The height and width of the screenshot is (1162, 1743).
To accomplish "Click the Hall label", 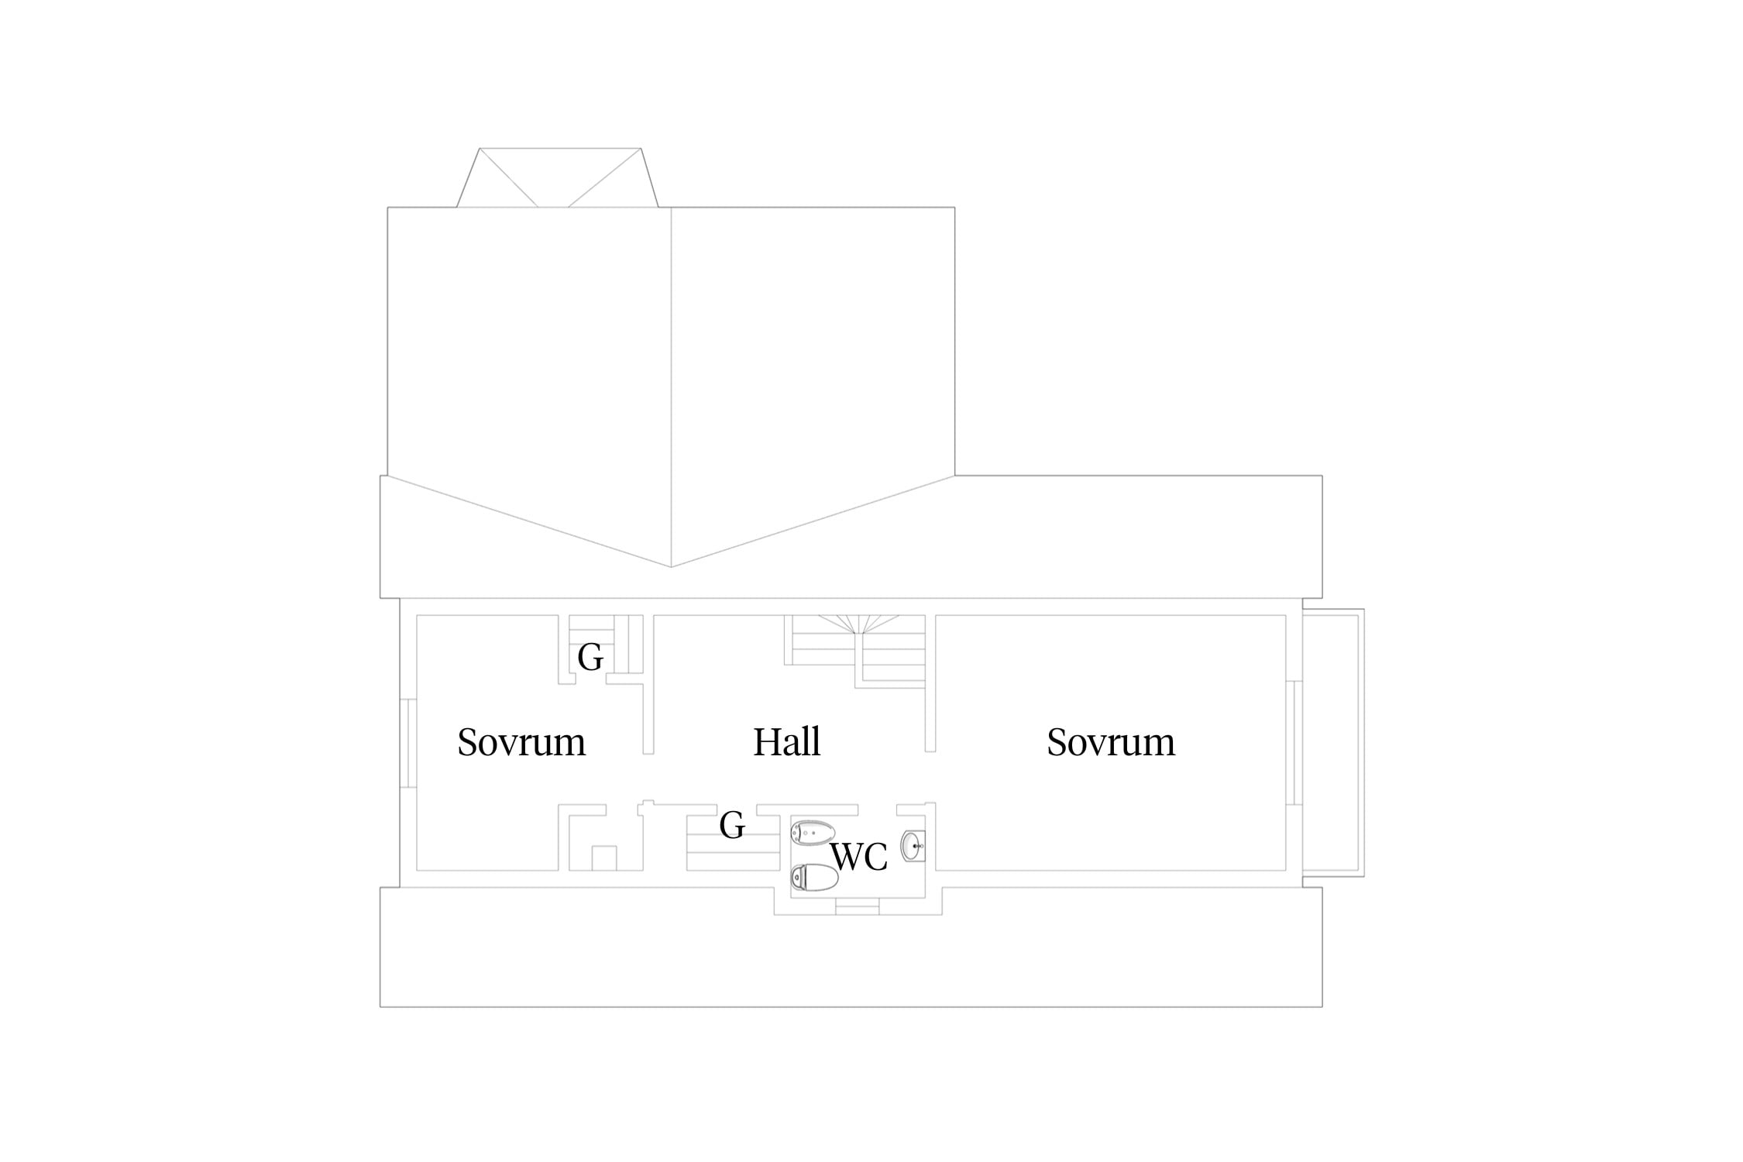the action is tap(786, 741).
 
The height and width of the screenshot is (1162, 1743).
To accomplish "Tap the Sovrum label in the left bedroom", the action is tap(521, 741).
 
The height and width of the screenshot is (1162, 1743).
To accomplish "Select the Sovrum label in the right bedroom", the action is tap(1111, 741).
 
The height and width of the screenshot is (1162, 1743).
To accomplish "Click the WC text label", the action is tap(858, 857).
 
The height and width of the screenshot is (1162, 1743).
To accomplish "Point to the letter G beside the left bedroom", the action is tap(590, 658).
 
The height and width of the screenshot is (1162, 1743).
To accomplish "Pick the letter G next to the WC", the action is tap(732, 825).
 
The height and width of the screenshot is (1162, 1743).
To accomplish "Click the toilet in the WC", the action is tap(814, 878).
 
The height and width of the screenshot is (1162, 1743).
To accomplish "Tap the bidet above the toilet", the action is tap(812, 832).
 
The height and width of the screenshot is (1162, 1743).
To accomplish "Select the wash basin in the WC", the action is tap(913, 846).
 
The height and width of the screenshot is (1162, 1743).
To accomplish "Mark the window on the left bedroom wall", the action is tap(408, 743).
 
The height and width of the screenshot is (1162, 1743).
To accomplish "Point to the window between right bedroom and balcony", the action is tap(1294, 743).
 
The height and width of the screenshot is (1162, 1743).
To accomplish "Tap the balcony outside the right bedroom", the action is tap(1332, 742).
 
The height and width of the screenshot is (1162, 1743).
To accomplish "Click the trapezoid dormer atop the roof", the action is tap(557, 177).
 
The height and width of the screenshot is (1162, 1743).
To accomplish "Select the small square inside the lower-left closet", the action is tap(604, 858).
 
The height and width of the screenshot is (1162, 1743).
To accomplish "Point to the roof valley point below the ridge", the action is tap(671, 567).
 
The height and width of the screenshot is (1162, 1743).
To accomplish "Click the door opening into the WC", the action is tap(877, 810).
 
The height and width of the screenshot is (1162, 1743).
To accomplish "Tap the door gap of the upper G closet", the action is tap(590, 679).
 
